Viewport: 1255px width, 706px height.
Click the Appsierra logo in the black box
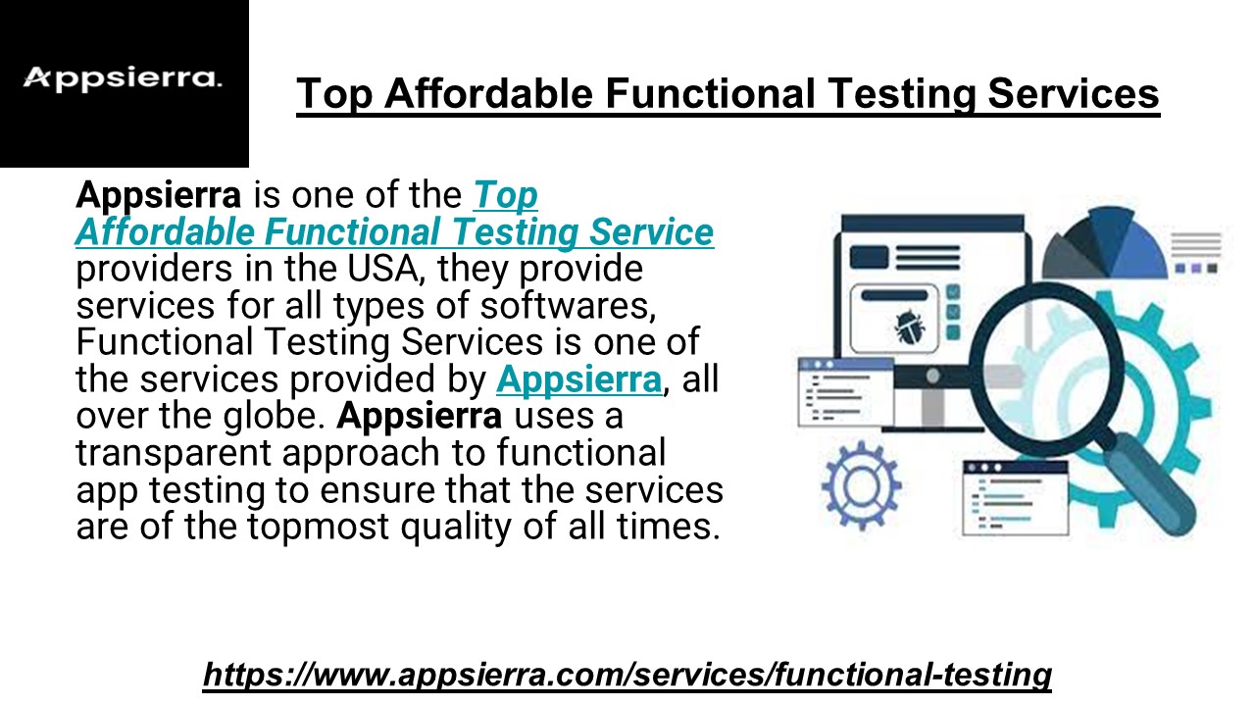[123, 78]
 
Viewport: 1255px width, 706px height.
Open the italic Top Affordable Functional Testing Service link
[394, 231]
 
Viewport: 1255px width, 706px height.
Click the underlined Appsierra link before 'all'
[578, 378]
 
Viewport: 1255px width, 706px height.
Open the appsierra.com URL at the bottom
[627, 675]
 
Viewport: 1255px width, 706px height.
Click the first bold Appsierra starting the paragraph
[158, 195]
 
